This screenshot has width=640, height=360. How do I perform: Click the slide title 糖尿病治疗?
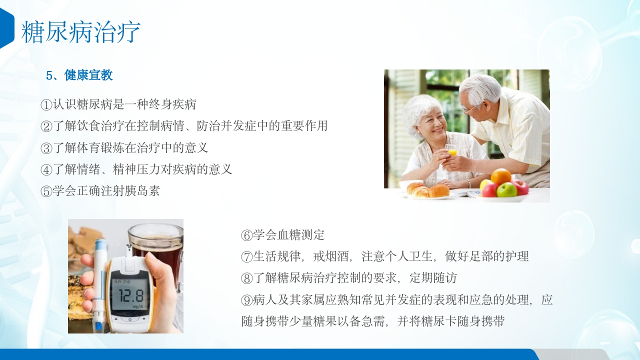80,32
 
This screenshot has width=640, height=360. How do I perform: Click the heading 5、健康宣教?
79,75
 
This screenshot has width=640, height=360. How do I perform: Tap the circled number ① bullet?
46,105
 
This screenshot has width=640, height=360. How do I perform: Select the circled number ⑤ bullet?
46,191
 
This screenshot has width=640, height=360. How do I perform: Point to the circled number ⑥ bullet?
246,235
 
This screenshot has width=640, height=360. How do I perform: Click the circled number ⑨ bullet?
246,300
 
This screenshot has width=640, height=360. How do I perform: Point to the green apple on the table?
507,190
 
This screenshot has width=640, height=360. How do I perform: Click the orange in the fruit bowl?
501,176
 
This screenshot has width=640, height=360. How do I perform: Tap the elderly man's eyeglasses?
470,107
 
